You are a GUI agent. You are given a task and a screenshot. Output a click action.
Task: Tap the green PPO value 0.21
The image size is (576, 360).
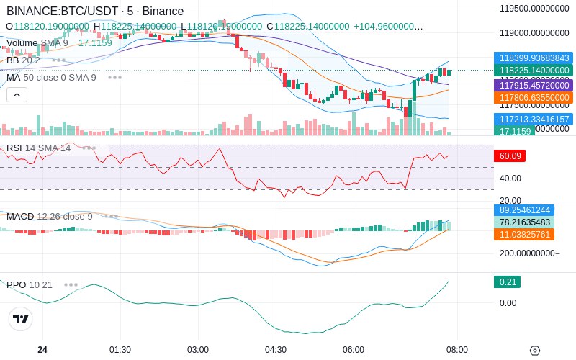[506, 282]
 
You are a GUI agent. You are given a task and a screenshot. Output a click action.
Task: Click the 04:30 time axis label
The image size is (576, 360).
[276, 350]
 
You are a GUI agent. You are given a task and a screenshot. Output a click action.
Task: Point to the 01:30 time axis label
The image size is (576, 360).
[120, 350]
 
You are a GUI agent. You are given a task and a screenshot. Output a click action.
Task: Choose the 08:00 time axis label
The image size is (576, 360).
[457, 350]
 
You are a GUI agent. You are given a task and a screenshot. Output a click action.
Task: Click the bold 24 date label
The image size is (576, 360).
[42, 350]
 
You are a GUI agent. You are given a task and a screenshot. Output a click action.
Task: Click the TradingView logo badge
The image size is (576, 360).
[21, 319]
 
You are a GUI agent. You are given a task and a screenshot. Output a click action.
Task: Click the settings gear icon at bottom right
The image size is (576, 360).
[534, 351]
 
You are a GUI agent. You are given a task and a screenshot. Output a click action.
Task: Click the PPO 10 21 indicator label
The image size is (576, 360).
[30, 284]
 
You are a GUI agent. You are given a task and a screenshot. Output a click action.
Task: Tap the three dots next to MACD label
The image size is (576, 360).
[112, 216]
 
